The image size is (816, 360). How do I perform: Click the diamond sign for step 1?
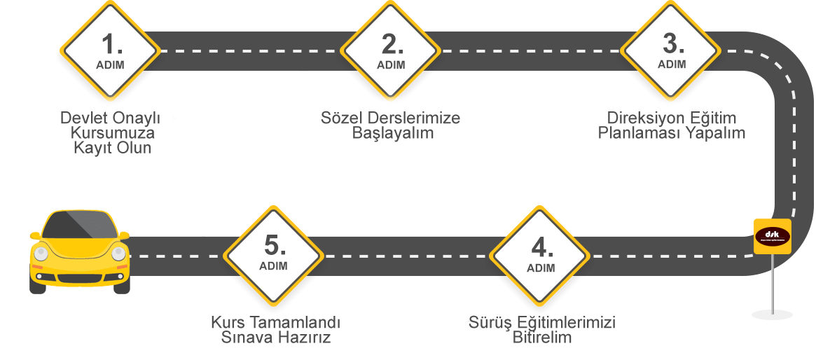[110, 50]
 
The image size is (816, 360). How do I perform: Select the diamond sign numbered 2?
[391, 50]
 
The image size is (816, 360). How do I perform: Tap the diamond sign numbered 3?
[672, 50]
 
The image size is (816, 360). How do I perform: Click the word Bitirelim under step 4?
[541, 338]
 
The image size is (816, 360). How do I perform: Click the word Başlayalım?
[392, 133]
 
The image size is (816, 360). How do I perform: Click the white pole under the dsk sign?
[772, 280]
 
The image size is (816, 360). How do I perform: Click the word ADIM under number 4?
[540, 268]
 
